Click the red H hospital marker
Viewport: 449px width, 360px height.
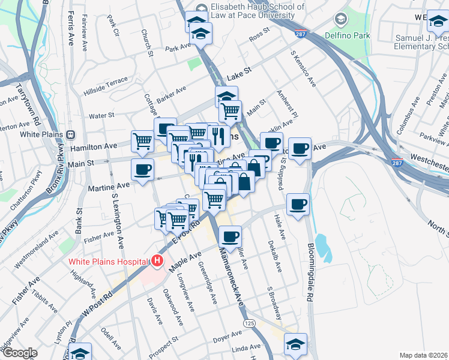pos(157,261)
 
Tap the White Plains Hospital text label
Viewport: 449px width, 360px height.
pos(108,261)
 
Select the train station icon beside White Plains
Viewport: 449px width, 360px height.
pos(71,134)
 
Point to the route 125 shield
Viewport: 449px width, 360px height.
pos(247,323)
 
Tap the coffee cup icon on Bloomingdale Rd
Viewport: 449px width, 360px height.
pos(298,205)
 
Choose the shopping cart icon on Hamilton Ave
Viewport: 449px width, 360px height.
pos(142,142)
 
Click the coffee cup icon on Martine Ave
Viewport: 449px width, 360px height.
pos(142,170)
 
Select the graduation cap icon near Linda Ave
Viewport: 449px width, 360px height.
pos(295,344)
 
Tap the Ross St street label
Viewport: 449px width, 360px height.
pos(259,36)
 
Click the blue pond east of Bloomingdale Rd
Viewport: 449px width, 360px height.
pos(322,246)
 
